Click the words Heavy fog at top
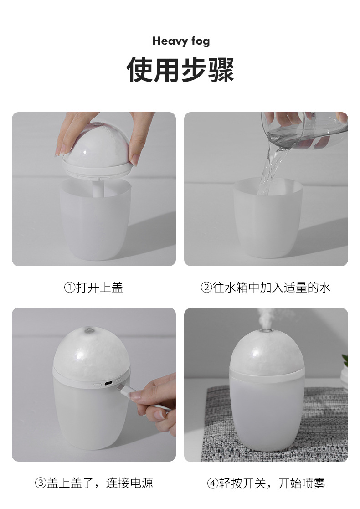coord(181,41)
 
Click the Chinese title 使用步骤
coord(180,70)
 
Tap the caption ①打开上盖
coord(93,288)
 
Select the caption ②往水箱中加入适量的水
coord(266,288)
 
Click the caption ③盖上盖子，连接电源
coord(94,483)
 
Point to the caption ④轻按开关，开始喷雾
coord(266,483)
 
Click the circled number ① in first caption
coord(69,288)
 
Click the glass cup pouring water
coord(301,130)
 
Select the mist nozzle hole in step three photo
coord(89,328)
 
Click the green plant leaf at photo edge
coord(345,360)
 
